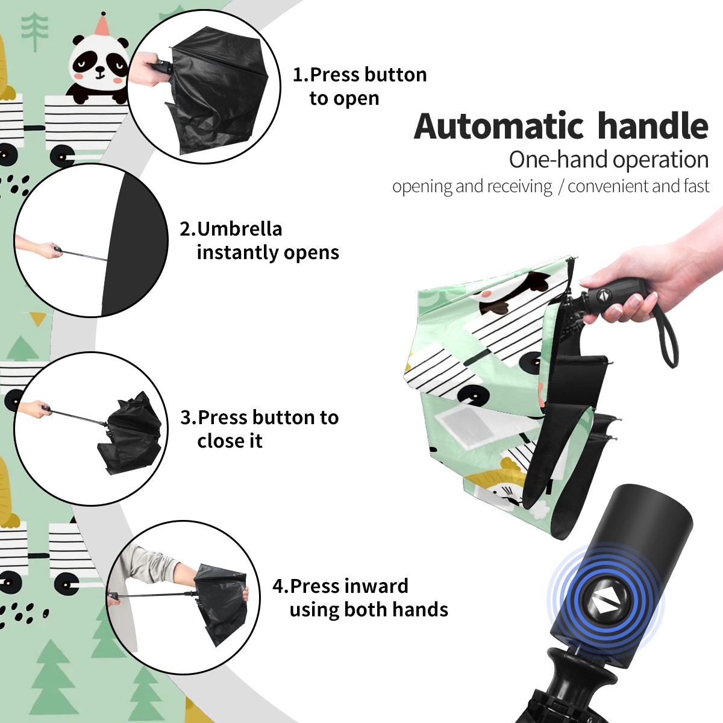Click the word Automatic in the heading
tap(498, 127)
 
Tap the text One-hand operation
tap(609, 160)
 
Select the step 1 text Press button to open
tap(360, 86)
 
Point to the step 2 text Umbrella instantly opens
tap(259, 240)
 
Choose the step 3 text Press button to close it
tap(259, 429)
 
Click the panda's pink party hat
tap(102, 23)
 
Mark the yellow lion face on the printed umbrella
tap(499, 490)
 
